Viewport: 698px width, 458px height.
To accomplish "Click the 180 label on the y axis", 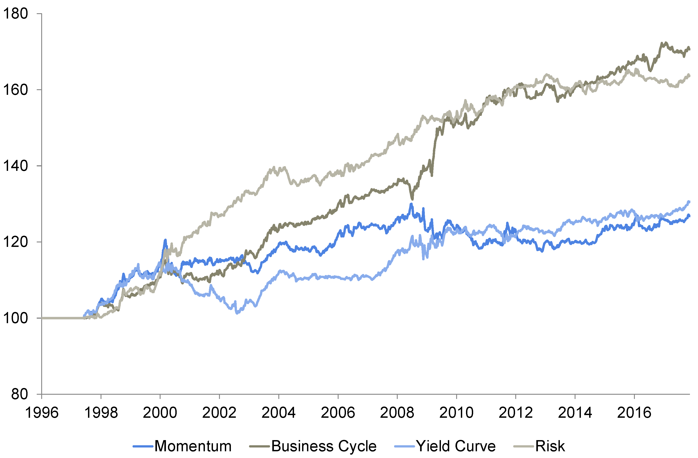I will tap(15, 14).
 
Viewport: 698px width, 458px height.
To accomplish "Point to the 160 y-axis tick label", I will tap(15, 90).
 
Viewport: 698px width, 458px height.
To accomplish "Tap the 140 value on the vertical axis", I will tap(15, 166).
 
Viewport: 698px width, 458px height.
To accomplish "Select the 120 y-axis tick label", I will tap(15, 242).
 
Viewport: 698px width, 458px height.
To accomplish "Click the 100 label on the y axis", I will tap(15, 318).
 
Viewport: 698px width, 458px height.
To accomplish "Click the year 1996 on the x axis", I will tap(42, 413).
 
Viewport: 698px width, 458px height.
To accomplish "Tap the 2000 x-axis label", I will tap(160, 413).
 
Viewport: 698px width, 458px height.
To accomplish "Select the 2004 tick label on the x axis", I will tap(279, 413).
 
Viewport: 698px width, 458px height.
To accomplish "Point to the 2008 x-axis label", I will tap(397, 413).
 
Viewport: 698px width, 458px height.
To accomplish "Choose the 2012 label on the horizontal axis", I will tap(515, 413).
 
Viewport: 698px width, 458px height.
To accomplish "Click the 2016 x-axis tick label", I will tap(634, 413).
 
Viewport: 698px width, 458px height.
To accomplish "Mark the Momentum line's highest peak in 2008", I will tap(411, 204).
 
